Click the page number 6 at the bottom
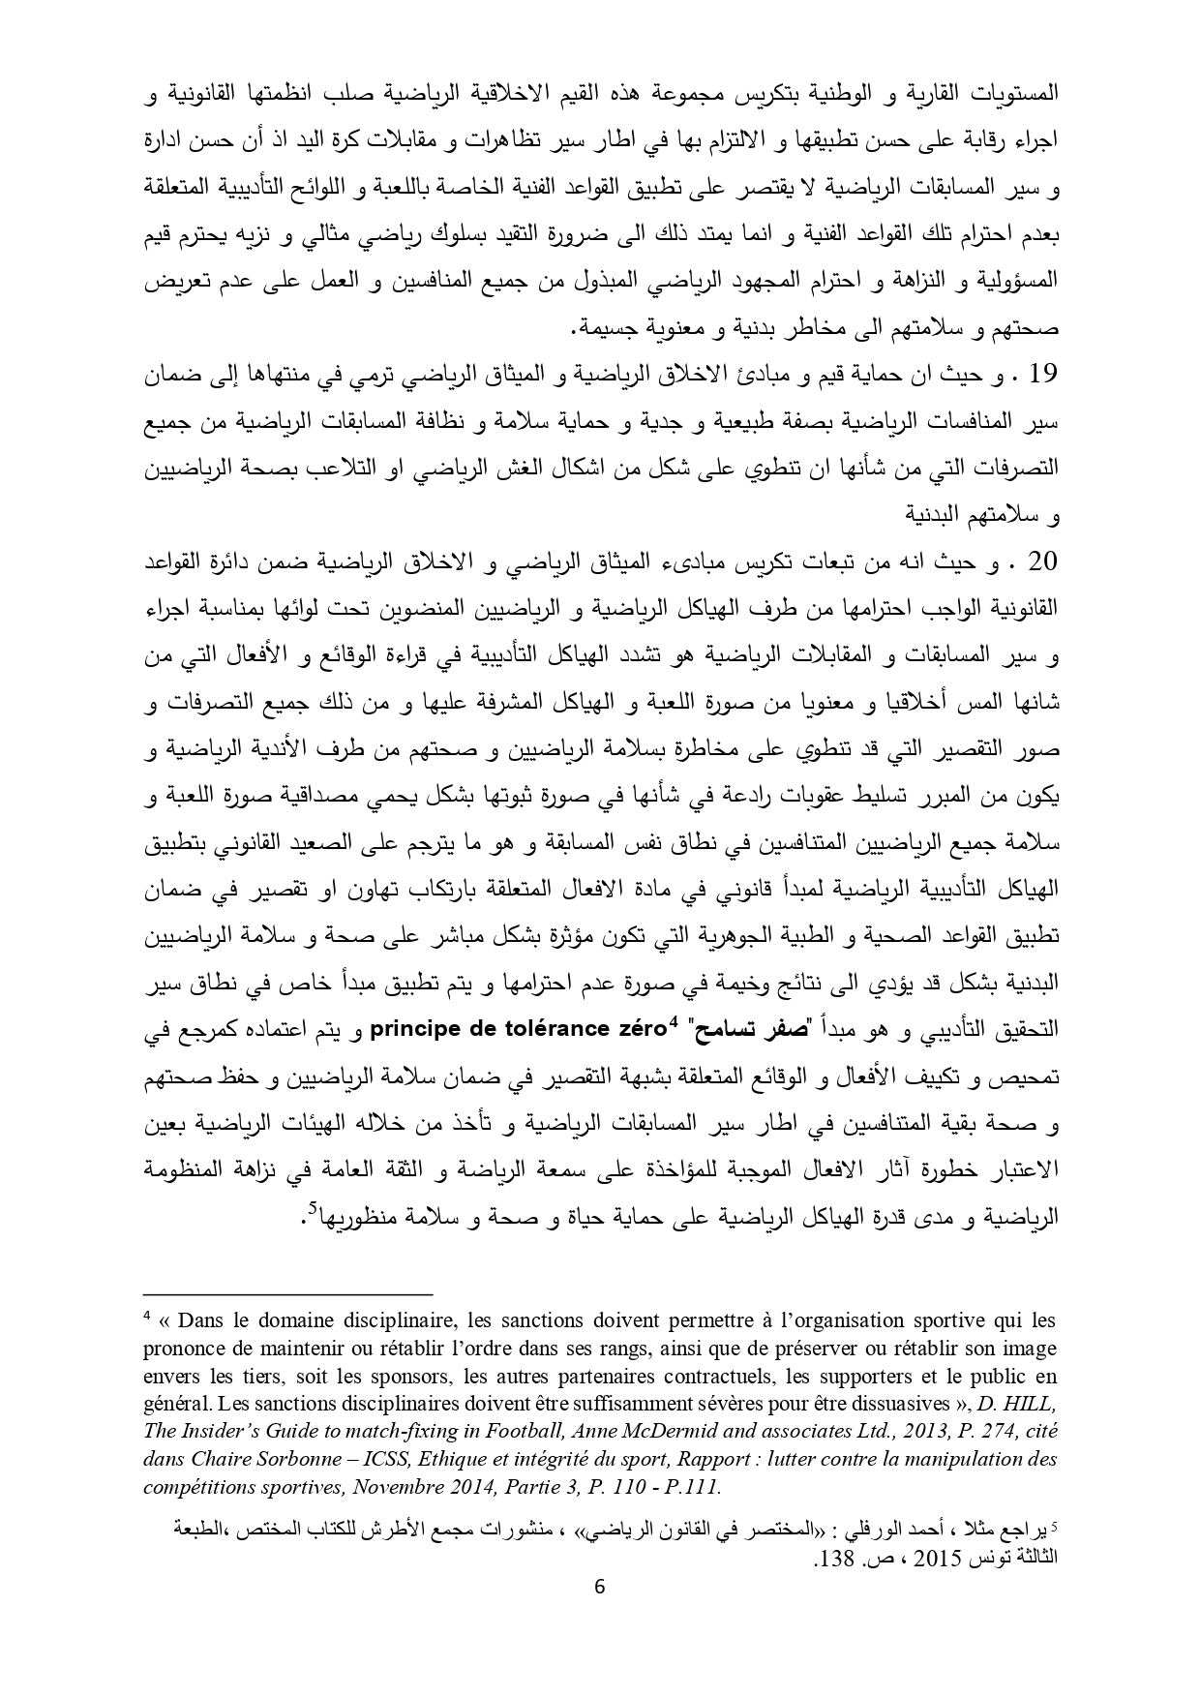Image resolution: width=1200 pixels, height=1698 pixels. pyautogui.click(x=599, y=1613)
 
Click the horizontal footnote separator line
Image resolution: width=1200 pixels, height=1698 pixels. pyautogui.click(x=288, y=1293)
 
